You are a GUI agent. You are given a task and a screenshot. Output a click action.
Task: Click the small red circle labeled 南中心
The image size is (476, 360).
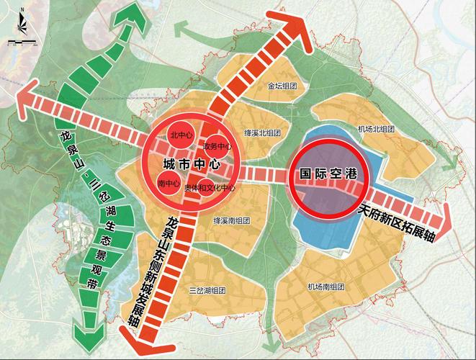(x=169, y=183)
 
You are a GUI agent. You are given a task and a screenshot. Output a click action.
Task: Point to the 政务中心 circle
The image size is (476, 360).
(x=214, y=146)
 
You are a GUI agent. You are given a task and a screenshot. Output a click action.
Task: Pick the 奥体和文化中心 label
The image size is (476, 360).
(x=210, y=187)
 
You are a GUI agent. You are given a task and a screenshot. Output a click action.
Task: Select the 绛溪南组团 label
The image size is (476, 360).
(x=231, y=222)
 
